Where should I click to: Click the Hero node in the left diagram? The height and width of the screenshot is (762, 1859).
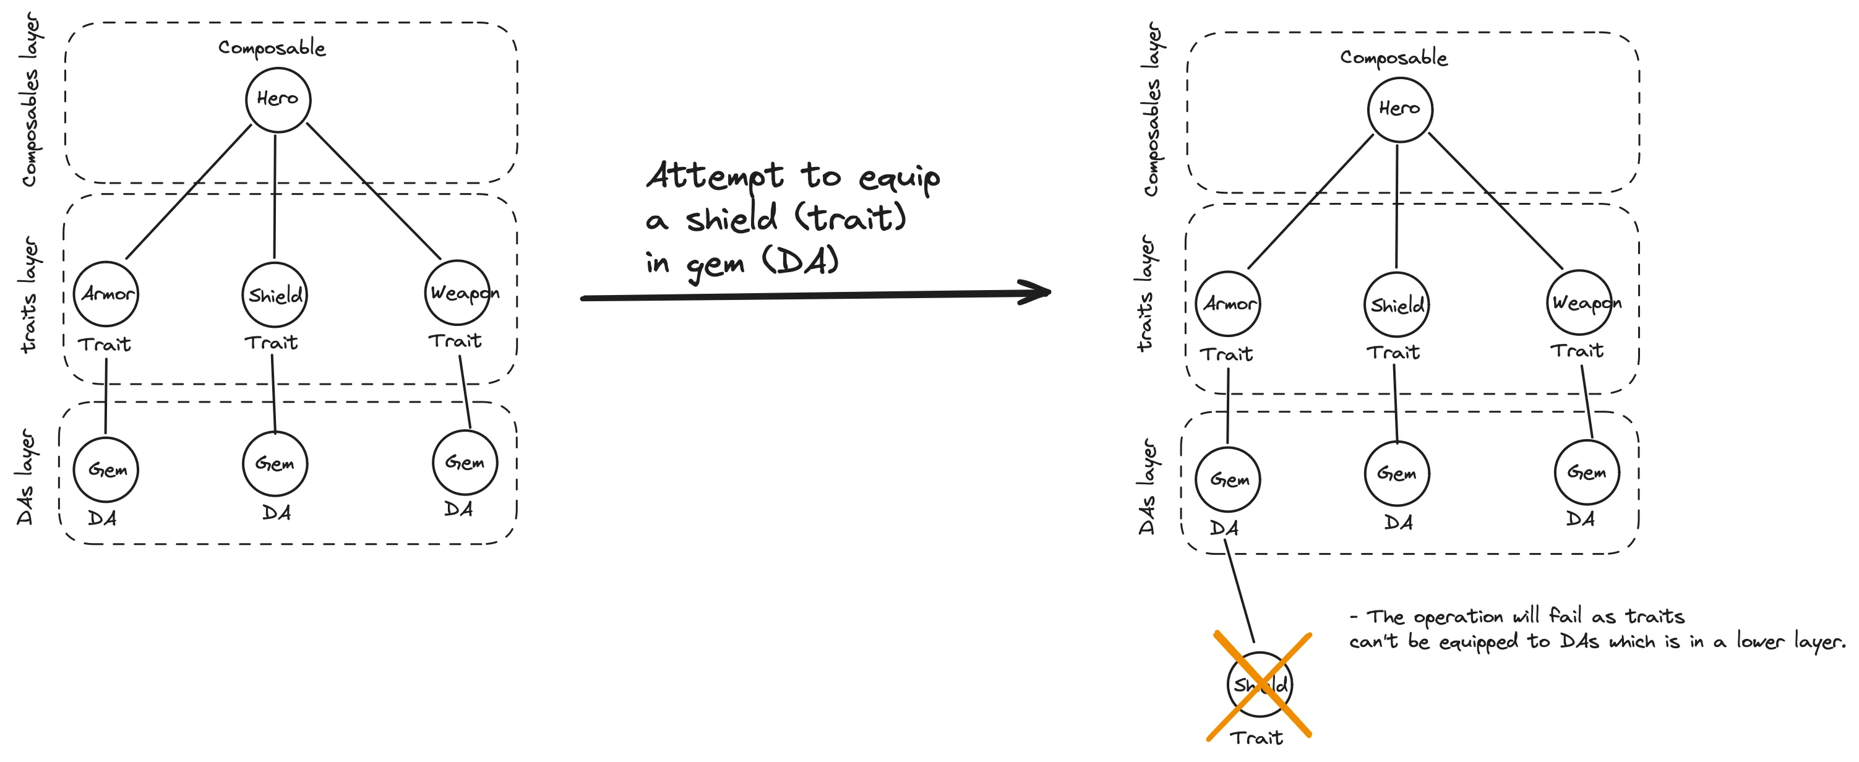[278, 100]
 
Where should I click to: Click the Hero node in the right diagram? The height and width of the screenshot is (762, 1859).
[1399, 109]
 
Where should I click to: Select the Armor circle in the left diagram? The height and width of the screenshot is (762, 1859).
[106, 294]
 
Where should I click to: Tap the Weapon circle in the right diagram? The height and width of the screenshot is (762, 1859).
[1579, 302]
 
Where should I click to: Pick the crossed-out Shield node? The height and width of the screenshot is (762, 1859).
[1260, 684]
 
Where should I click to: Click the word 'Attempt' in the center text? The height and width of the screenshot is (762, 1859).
[715, 176]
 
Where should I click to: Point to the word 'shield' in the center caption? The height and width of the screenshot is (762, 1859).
[731, 218]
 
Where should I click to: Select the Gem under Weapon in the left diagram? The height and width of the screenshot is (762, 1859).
[465, 463]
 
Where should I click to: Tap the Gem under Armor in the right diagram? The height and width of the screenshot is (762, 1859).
[1227, 480]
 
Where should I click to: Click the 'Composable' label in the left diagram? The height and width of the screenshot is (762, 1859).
[272, 48]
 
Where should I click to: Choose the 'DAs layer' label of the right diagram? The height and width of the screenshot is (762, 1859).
[1148, 487]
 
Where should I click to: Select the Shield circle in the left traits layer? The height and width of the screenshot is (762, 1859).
[275, 295]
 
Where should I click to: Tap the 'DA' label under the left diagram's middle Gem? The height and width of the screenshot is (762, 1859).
[277, 513]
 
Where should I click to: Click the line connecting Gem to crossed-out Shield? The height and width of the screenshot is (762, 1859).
[1240, 595]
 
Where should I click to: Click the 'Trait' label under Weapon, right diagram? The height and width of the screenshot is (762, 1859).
[1577, 351]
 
